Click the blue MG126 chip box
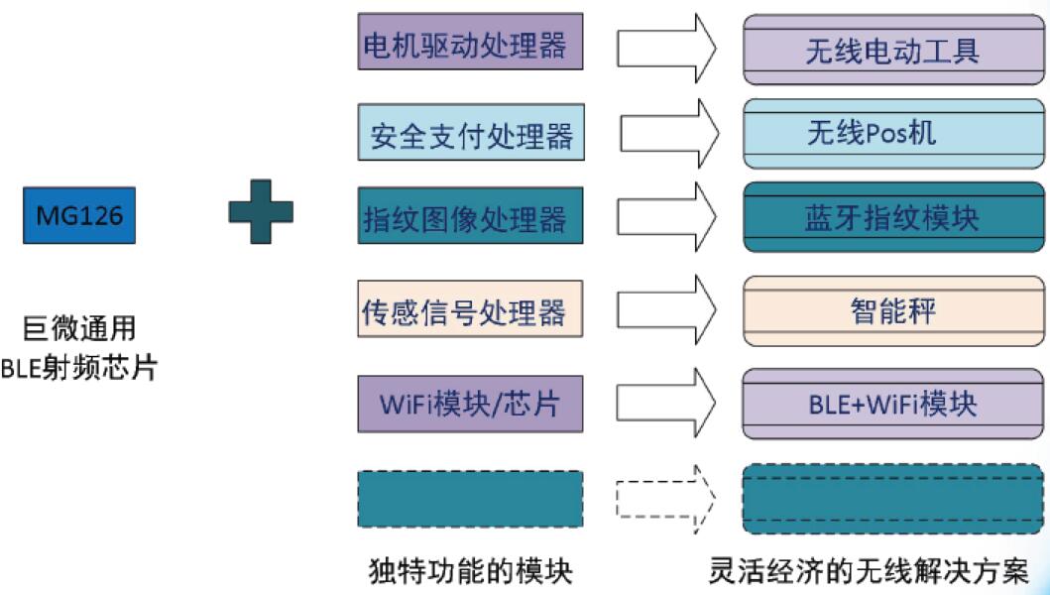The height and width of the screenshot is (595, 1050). click(79, 215)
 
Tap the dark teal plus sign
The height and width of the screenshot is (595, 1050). click(261, 209)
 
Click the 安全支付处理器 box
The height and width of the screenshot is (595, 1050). click(470, 135)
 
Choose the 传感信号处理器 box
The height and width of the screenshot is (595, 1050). click(470, 309)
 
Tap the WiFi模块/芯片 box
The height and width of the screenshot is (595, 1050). click(470, 404)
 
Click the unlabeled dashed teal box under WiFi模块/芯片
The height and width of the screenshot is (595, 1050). click(470, 499)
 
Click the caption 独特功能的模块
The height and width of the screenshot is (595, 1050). click(470, 572)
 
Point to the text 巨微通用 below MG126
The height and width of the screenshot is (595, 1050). click(79, 328)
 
